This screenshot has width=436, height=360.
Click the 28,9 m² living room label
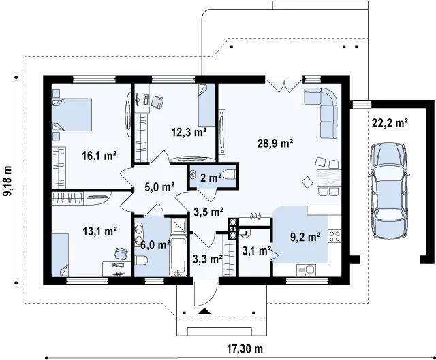click(x=275, y=144)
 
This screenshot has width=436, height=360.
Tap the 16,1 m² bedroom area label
click(x=99, y=156)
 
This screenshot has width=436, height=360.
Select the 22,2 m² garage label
click(x=390, y=122)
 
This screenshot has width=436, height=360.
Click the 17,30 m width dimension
click(x=245, y=348)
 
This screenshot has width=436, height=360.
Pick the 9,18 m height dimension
click(x=7, y=181)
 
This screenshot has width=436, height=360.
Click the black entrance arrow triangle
click(x=205, y=311)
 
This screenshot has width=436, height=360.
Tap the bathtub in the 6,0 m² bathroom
click(x=178, y=257)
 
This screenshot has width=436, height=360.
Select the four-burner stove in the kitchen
click(x=334, y=236)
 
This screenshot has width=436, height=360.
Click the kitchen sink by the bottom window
click(x=306, y=270)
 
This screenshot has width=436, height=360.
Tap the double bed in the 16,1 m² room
click(x=72, y=114)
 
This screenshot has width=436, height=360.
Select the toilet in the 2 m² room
click(x=230, y=175)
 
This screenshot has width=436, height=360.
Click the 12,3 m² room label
click(x=189, y=132)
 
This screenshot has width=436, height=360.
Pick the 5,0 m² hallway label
click(x=159, y=187)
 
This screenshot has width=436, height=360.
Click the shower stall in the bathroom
click(x=178, y=225)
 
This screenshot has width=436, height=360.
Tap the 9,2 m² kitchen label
click(x=305, y=237)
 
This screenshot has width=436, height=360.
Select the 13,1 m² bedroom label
click(x=99, y=231)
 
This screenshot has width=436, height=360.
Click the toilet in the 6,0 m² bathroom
click(x=141, y=261)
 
